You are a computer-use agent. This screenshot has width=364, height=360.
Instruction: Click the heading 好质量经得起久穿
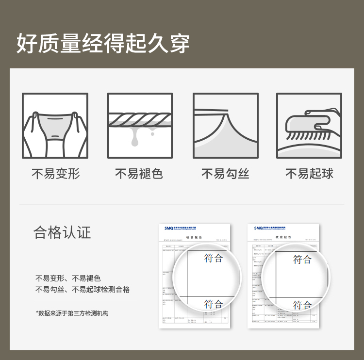tap(103, 43)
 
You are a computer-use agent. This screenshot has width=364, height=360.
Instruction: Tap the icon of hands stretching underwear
tap(55, 126)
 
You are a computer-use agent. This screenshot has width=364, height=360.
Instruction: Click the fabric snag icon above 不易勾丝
tap(225, 126)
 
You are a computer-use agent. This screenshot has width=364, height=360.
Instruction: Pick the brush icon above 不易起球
tap(309, 126)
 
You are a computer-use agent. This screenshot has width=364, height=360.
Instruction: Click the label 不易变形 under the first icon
tap(55, 174)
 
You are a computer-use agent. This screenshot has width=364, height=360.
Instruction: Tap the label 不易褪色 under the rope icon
tap(139, 174)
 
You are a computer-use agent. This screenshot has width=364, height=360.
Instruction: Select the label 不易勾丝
tap(225, 174)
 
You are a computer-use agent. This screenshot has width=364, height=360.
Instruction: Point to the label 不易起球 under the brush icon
tap(309, 174)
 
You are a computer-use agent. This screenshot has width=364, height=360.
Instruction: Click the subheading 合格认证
tap(62, 232)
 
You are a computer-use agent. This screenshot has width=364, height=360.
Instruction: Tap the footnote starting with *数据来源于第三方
tap(72, 313)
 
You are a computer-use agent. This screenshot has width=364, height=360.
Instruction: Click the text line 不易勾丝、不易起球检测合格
tap(83, 290)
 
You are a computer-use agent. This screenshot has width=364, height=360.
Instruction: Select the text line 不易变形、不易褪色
tap(68, 278)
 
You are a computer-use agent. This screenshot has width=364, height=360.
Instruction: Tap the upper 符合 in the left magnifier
tap(214, 258)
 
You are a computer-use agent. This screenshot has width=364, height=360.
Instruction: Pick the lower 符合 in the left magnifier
tap(214, 304)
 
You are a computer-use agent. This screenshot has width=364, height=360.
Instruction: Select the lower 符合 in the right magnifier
tap(302, 305)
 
